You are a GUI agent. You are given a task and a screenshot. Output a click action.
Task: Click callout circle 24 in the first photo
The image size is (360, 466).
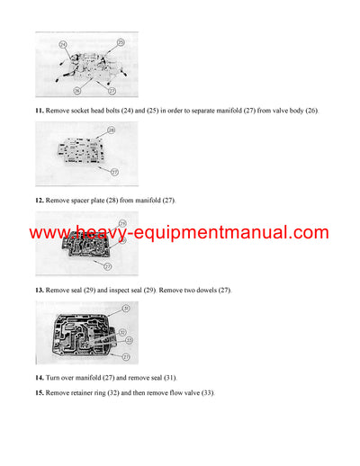click(63, 43)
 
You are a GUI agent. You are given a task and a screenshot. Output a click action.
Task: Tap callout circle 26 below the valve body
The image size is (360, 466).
click(76, 90)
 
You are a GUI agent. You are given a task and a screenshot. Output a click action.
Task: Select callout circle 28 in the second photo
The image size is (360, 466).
click(111, 130)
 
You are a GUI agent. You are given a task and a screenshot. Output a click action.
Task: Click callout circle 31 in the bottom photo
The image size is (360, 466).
click(126, 309)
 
